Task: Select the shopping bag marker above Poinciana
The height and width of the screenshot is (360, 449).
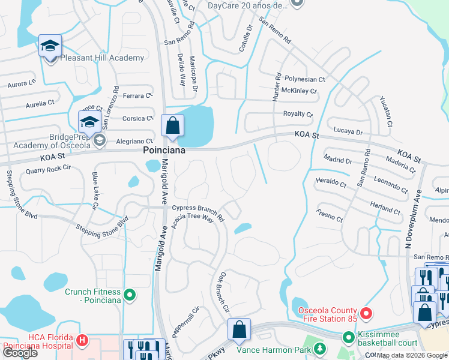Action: pos(172,126)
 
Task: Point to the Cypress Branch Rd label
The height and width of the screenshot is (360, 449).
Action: pos(198,211)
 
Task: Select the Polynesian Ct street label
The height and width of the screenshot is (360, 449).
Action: pos(304,79)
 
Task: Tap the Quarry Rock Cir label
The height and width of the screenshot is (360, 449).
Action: pos(48,171)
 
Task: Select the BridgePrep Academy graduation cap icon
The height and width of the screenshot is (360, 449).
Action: pos(89,121)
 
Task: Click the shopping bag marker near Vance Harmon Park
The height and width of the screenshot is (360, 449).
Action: pos(239,329)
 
